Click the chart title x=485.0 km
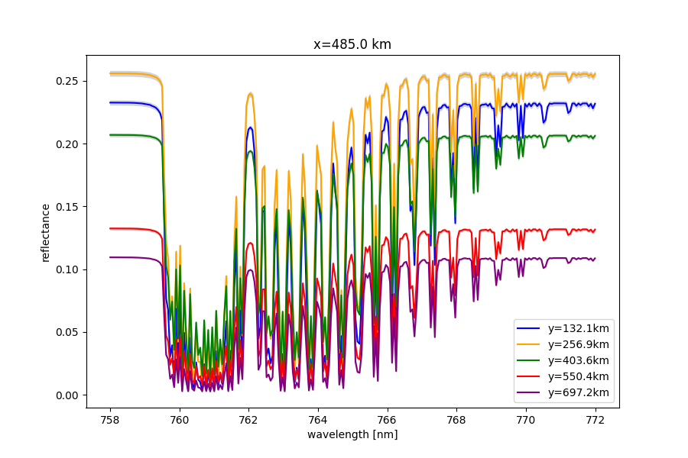(352, 44)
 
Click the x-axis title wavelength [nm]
(352, 434)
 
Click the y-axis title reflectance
(46, 232)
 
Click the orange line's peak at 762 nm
(250, 93)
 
